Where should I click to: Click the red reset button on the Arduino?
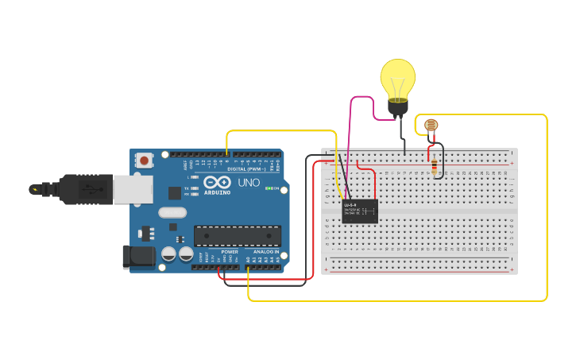[x=144, y=161]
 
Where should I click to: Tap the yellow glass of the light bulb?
[x=397, y=77]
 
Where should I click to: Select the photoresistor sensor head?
[x=431, y=125]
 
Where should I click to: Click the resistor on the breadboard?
[x=433, y=165]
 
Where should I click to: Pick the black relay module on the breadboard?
[x=360, y=211]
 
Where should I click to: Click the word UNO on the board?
[x=249, y=183]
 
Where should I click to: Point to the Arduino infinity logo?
[x=217, y=182]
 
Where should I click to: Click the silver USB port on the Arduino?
[x=133, y=189]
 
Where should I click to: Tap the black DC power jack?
[x=138, y=256]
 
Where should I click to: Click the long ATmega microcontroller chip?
[x=238, y=235]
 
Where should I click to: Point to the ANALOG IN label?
[x=266, y=252]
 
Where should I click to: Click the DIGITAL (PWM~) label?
[x=242, y=169]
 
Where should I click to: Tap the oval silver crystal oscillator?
[x=172, y=212]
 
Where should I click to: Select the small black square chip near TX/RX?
[x=174, y=193]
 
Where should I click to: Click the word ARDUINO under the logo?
[x=217, y=193]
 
